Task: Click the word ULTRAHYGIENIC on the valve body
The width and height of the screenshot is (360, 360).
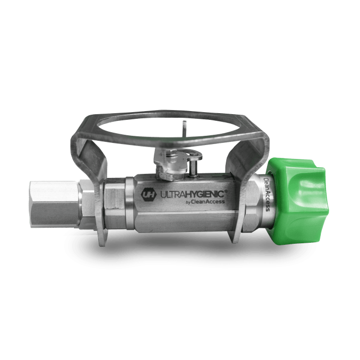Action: pos(192,194)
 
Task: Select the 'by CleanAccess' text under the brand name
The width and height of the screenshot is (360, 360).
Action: pos(205,202)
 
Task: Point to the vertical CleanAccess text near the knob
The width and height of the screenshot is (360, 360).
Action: pos(267,194)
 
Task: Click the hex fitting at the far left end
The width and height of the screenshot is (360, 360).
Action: pos(55,204)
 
